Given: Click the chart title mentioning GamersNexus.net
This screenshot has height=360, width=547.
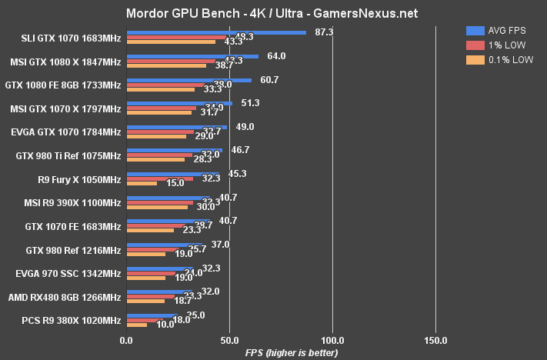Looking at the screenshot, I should coord(273,13).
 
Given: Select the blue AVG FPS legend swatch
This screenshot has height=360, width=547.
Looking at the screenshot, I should coord(475,30).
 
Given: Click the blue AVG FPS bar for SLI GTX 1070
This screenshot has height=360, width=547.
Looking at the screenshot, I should coord(216,32).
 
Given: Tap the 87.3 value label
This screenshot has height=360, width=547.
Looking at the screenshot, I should coord(324,32).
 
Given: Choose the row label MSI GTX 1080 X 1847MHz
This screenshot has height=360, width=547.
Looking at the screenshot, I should coord(65,62).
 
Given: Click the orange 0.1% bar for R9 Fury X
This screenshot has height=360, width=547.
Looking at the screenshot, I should coord(142,183).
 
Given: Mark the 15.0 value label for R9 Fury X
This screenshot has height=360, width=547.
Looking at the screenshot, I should coord(175,183).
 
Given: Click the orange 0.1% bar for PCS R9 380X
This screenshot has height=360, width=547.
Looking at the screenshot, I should coord(136,325).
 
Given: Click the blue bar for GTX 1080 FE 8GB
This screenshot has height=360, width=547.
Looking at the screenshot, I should coord(188,80).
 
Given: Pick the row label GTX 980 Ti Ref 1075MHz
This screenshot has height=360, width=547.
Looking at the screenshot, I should coord(68,156).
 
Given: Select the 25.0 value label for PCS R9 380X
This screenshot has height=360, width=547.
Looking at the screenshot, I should coord(196,315).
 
